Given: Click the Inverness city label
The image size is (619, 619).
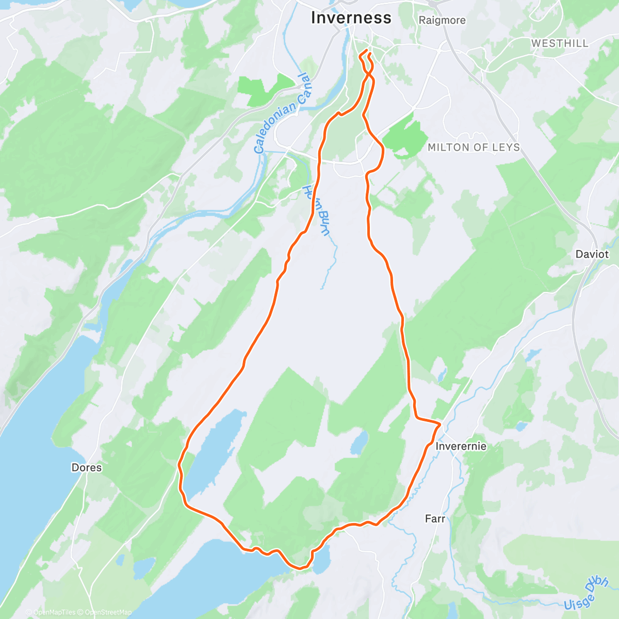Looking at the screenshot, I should tap(351, 18).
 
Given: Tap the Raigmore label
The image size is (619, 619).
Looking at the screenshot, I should tap(442, 21).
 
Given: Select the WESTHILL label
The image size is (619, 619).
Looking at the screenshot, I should tap(560, 43).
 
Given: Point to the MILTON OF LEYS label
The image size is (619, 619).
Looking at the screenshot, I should tap(474, 148).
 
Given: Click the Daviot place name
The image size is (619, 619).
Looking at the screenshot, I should tap(592, 254).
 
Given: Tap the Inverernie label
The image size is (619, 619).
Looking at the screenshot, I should tap(461, 446).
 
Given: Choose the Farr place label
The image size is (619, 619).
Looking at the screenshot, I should tap(435, 519).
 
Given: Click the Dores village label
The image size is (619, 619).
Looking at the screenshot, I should tap(87, 468).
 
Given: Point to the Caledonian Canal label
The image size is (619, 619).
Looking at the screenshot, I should tap(282, 114).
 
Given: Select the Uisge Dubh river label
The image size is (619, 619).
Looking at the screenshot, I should tap(587, 594).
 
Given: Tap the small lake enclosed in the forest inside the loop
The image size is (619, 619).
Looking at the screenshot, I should tap(360, 443).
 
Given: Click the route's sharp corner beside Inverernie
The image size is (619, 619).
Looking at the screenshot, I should tap(440, 425).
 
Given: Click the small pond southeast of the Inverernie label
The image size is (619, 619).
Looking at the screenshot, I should tap(521, 427).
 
